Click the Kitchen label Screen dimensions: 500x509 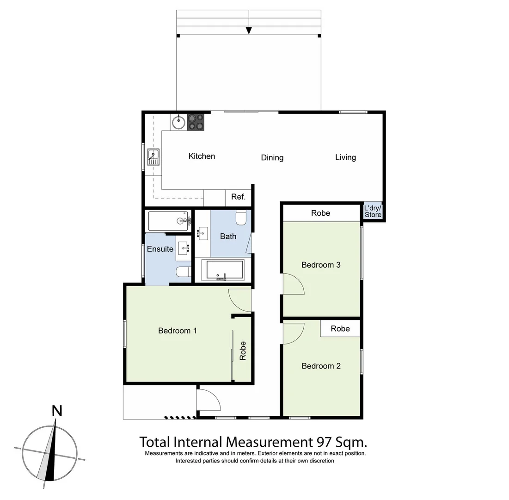click(202, 156)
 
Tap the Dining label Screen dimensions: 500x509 click(272, 158)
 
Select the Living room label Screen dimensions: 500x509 click(345, 157)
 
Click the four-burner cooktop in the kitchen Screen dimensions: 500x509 click(196, 122)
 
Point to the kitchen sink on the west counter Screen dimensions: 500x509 click(153, 157)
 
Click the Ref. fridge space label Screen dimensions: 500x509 click(238, 197)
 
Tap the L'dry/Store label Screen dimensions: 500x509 click(373, 212)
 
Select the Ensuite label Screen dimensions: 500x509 click(160, 249)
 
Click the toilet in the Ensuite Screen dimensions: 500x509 click(184, 272)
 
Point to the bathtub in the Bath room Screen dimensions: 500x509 click(225, 270)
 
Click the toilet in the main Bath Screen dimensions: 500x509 click(241, 217)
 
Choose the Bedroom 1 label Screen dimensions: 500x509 click(178, 331)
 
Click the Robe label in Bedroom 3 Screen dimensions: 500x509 click(320, 213)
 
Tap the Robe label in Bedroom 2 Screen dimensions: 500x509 click(340, 329)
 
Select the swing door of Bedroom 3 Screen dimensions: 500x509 click(293, 284)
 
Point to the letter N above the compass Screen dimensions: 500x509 click(57, 410)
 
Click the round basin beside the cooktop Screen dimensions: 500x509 click(178, 123)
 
